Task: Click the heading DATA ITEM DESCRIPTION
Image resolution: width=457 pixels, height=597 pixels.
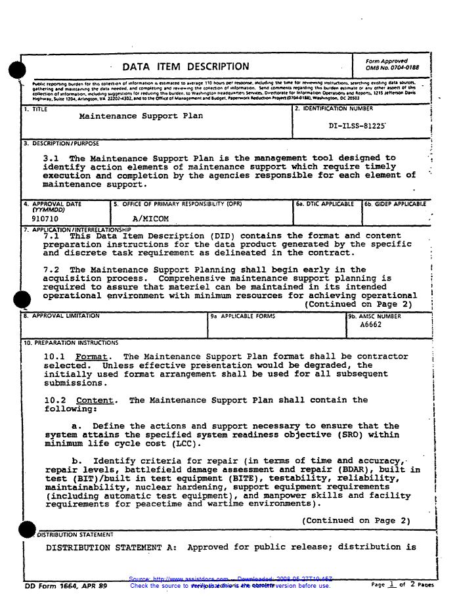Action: [x=186, y=67]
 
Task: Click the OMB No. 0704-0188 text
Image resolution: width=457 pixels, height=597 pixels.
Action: [x=392, y=68]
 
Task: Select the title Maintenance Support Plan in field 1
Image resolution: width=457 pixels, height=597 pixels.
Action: [x=141, y=116]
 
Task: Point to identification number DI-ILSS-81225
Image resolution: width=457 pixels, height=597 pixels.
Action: [x=357, y=125]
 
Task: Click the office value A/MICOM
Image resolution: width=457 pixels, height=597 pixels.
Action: [x=150, y=218]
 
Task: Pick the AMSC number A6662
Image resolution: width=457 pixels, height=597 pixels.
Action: [x=370, y=324]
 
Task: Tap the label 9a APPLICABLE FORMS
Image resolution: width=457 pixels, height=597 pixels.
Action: [x=243, y=316]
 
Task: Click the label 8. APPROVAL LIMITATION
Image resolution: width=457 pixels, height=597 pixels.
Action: [x=62, y=316]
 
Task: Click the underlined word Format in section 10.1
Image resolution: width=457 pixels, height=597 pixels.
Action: [x=93, y=357]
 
